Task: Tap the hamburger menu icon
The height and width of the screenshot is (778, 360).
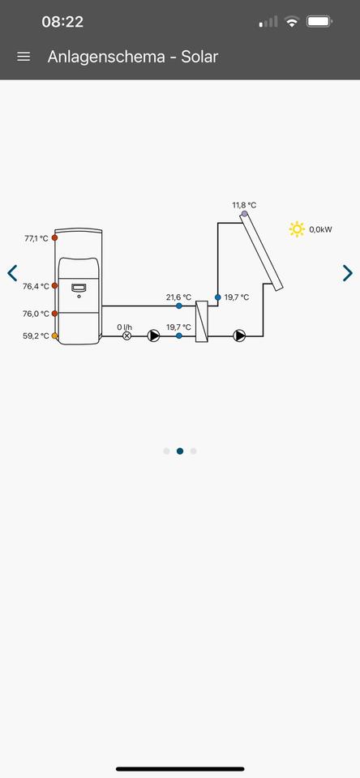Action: [x=24, y=57]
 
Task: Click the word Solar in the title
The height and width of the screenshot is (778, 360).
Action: [x=199, y=57]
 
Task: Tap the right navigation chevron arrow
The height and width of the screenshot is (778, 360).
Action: [x=348, y=273]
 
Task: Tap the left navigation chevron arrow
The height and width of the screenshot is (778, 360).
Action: [x=12, y=273]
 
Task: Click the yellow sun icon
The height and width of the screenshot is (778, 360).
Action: [x=297, y=229]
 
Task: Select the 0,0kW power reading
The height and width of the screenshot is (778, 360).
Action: [x=321, y=229]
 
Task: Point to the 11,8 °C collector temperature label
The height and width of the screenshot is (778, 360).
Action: [x=244, y=205]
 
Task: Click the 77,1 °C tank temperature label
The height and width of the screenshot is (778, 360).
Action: [x=36, y=238]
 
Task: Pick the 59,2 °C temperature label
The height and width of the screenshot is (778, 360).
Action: [x=36, y=336]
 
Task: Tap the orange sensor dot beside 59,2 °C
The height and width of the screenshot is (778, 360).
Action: [x=54, y=336]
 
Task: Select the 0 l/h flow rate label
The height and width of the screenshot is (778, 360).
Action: [x=125, y=327]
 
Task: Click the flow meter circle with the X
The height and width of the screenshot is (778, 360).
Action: [x=126, y=336]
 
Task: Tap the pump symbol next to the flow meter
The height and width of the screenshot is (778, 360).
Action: [x=154, y=336]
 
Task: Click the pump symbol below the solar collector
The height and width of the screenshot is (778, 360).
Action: [x=240, y=336]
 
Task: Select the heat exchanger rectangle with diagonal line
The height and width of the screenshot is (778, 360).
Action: [x=202, y=322]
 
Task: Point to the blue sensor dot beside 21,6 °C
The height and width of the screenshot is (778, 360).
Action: [x=178, y=306]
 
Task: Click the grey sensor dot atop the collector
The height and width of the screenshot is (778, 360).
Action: [x=244, y=214]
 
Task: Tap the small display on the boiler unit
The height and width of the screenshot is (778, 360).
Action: [x=79, y=288]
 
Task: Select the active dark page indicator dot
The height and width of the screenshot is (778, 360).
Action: [x=180, y=451]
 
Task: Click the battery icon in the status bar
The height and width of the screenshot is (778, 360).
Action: [x=319, y=21]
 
